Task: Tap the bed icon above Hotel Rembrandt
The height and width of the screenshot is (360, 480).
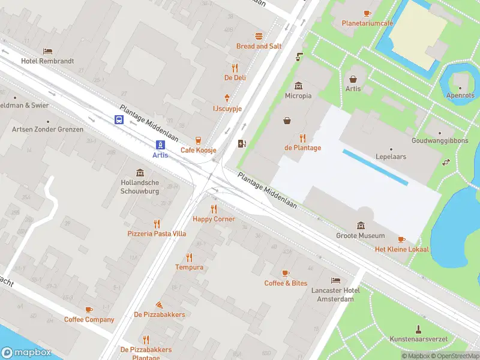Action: tap(47, 52)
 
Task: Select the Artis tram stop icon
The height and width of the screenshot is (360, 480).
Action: tap(160, 145)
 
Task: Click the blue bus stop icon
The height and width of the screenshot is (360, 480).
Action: tap(119, 119)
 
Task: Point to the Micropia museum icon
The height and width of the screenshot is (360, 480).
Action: tap(298, 86)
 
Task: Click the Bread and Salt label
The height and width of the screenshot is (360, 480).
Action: tap(259, 46)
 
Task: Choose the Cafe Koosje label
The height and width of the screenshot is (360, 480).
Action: tap(199, 150)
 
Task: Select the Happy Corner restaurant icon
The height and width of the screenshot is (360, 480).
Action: tap(214, 209)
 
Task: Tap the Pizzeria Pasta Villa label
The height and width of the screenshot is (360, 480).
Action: tap(157, 233)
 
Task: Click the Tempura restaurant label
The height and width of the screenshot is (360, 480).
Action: tap(189, 267)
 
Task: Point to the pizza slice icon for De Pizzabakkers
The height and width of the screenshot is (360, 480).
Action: tap(159, 305)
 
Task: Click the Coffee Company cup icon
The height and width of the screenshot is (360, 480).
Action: tap(89, 310)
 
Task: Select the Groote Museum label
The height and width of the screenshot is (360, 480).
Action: tap(360, 236)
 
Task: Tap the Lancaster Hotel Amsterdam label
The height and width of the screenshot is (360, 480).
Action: tap(335, 295)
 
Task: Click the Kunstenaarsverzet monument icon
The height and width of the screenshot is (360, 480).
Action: tap(418, 329)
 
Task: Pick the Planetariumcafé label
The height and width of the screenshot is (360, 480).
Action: tap(367, 23)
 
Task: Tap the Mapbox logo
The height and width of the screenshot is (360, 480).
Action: tap(26, 353)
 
